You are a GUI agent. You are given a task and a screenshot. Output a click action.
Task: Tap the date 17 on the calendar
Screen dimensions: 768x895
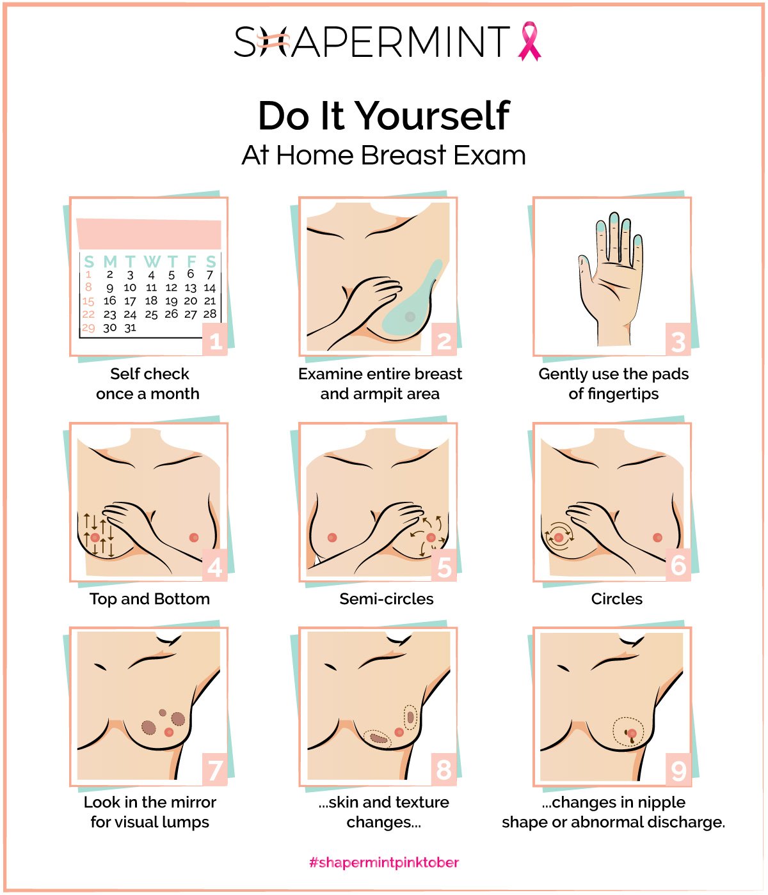pyautogui.click(x=130, y=301)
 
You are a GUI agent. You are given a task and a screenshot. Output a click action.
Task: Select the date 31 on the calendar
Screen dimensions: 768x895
pyautogui.click(x=130, y=328)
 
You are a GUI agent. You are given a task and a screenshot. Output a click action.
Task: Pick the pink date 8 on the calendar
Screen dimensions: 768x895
pyautogui.click(x=88, y=287)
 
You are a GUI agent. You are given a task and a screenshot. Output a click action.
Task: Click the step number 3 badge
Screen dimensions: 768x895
pyautogui.click(x=678, y=342)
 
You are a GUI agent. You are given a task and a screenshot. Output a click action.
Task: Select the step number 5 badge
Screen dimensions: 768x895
pyautogui.click(x=444, y=567)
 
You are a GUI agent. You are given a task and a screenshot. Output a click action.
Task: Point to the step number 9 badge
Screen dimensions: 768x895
pyautogui.click(x=678, y=771)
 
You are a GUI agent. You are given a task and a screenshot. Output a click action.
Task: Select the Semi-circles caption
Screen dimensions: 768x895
pyautogui.click(x=386, y=599)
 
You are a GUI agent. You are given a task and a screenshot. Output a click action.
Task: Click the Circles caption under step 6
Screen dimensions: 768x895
pyautogui.click(x=616, y=599)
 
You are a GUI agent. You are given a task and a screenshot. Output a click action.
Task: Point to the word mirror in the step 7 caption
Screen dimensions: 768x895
pyautogui.click(x=193, y=802)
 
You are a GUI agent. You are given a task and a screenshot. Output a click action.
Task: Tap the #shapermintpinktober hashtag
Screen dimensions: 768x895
pyautogui.click(x=384, y=862)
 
